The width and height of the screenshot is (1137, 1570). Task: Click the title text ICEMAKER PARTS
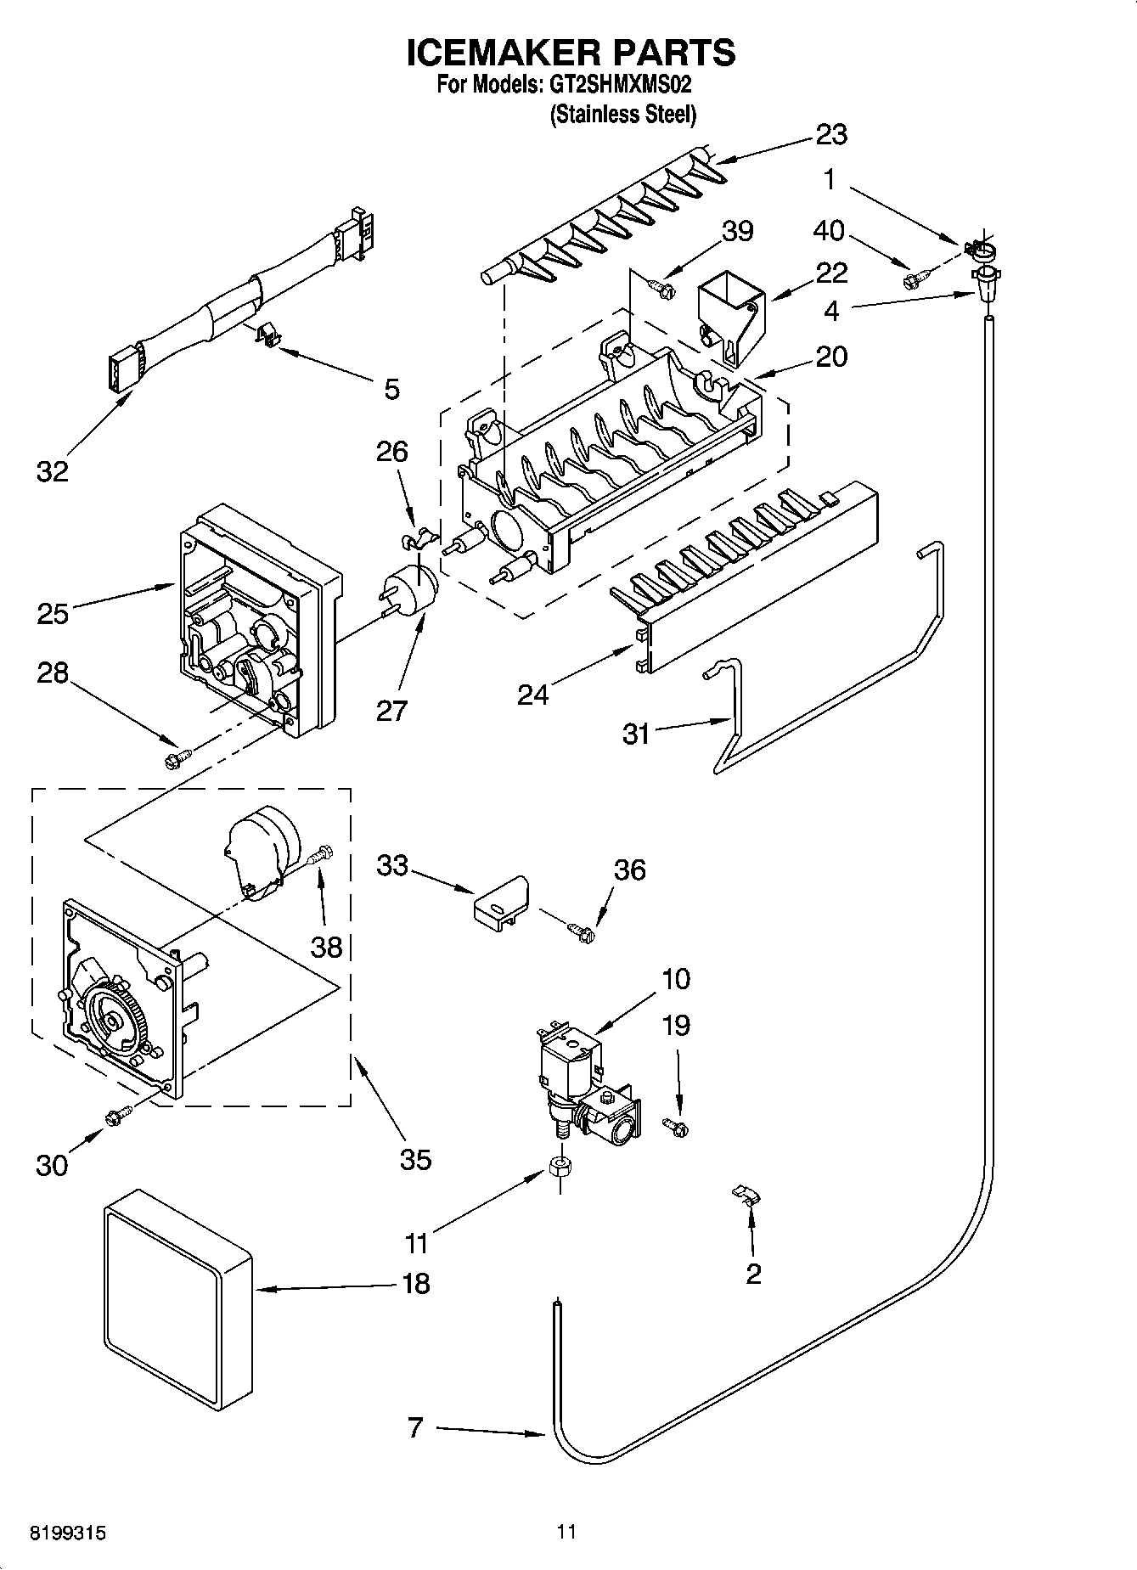click(570, 53)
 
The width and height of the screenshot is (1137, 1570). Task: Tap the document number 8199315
click(68, 1533)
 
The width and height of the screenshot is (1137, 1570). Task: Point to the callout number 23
click(831, 134)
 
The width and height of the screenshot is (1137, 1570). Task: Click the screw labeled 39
click(661, 290)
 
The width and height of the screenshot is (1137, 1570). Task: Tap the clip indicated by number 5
click(268, 335)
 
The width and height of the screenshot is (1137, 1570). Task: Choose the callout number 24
click(533, 695)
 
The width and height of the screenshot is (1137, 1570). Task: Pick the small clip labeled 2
click(746, 1194)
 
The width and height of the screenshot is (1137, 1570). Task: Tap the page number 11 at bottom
click(567, 1533)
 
